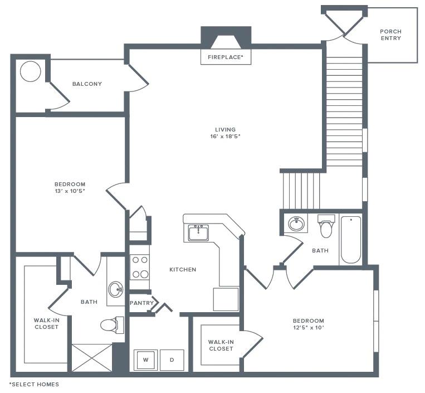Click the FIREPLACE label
[x=226, y=57]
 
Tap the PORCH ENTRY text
[x=390, y=35]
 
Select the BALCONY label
[x=87, y=84]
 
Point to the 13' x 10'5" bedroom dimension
[x=70, y=191]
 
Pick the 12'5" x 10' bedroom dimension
[x=309, y=327]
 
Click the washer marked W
[x=146, y=360]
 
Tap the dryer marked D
[x=172, y=360]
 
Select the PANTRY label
[x=141, y=303]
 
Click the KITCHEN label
[x=183, y=269]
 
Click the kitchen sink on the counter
[x=198, y=232]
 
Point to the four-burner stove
[x=139, y=267]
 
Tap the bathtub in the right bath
[x=350, y=240]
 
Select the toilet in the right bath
[x=326, y=227]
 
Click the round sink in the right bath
[x=296, y=224]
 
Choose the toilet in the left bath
[x=111, y=324]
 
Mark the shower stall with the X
[x=92, y=357]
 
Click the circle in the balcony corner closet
[x=30, y=71]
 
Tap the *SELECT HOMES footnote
[x=34, y=384]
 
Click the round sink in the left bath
[x=116, y=289]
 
